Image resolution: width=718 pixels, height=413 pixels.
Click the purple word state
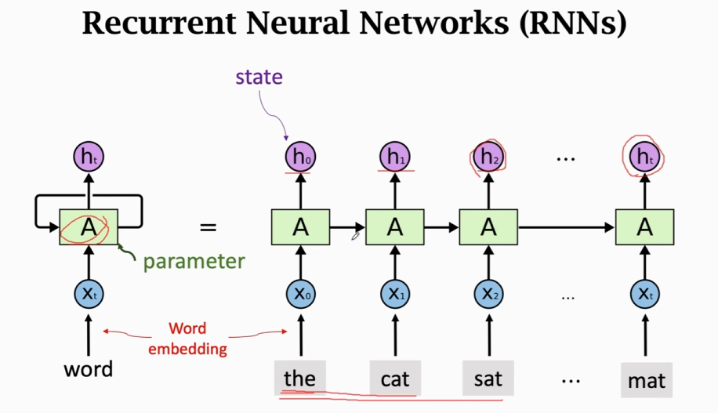(259, 77)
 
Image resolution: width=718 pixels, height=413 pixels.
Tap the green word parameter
(194, 262)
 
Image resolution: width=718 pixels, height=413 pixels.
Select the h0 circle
(300, 157)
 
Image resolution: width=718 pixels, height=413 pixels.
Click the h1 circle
(395, 157)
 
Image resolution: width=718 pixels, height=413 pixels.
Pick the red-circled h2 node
(488, 157)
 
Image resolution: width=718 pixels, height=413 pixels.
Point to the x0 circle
(300, 294)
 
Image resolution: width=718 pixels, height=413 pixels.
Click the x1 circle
(395, 294)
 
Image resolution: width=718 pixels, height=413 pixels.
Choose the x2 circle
(489, 294)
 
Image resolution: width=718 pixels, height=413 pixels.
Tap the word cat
(395, 379)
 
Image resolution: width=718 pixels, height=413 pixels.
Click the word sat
(488, 379)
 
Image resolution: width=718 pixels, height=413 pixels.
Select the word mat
(646, 381)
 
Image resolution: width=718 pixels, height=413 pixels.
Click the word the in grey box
(299, 379)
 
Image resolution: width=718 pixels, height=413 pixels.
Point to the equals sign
(208, 227)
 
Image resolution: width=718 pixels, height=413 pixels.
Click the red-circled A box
(89, 227)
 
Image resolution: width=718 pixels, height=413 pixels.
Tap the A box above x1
(395, 227)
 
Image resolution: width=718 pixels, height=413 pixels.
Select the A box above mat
(645, 227)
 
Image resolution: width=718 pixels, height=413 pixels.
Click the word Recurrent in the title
(160, 23)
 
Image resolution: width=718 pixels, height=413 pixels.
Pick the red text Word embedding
(187, 339)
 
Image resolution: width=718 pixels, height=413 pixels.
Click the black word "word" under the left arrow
(89, 369)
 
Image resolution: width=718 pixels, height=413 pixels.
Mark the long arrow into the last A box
(567, 227)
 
